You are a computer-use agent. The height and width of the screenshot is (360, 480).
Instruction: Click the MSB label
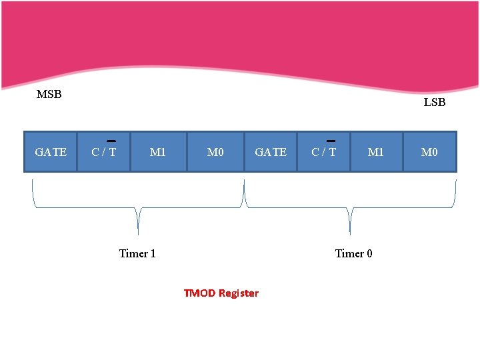click(x=49, y=94)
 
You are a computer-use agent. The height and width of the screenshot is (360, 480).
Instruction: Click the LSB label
click(x=435, y=102)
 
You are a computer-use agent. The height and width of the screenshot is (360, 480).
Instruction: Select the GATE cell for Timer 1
click(x=51, y=152)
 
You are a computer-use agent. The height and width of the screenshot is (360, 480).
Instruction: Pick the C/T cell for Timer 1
click(x=104, y=152)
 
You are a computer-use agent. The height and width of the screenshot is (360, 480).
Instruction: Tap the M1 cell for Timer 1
click(x=158, y=152)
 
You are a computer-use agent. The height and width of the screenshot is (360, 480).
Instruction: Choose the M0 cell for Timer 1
click(x=215, y=152)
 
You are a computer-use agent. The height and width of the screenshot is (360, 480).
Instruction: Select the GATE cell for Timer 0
click(x=271, y=152)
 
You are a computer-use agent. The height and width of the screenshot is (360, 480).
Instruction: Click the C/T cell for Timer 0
click(x=323, y=152)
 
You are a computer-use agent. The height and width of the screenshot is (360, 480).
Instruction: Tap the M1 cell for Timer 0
click(x=376, y=152)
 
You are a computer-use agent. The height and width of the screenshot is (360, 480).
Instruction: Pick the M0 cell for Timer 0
click(x=430, y=152)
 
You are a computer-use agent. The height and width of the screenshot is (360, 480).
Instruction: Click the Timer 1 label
click(x=137, y=253)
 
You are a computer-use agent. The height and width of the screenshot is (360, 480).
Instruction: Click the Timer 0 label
click(x=353, y=253)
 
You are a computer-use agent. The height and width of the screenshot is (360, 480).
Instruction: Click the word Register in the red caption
click(x=239, y=293)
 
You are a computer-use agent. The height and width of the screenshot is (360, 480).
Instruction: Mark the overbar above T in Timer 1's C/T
click(x=111, y=141)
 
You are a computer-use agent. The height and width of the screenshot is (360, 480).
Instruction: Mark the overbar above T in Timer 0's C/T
click(x=331, y=141)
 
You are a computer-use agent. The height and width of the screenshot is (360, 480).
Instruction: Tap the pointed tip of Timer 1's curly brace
click(x=139, y=235)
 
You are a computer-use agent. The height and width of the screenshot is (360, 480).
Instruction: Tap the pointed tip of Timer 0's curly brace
click(x=350, y=235)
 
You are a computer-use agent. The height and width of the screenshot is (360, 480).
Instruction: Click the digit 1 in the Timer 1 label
click(x=153, y=253)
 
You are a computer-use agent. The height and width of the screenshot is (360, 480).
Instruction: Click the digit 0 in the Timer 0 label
click(x=369, y=253)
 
